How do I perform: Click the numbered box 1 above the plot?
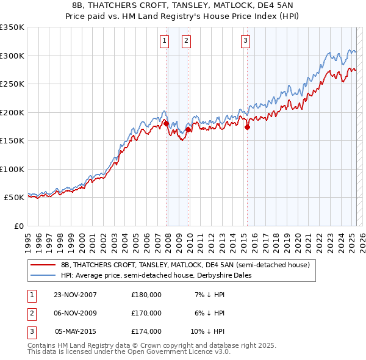165,41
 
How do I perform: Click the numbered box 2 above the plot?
185,41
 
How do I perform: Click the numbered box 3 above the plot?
245,41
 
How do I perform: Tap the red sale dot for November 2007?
167,124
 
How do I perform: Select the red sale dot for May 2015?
247,128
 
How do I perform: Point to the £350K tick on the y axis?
12,27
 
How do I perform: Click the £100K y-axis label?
12,169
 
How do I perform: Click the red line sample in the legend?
43,265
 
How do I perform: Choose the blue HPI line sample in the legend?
43,275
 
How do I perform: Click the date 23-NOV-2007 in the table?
76,295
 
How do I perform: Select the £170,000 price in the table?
146,313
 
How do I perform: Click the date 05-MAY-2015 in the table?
76,331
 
